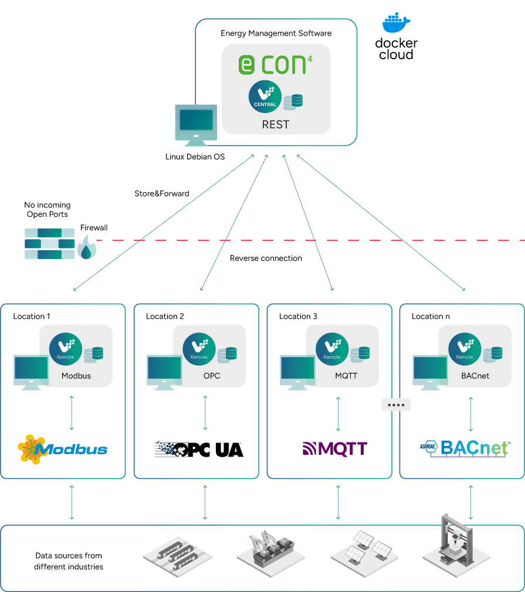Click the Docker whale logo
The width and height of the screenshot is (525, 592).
pos(396,23)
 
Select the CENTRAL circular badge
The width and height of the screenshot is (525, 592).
pos(265,97)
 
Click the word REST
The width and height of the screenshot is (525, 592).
pos(276,124)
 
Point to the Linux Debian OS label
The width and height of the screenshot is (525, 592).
pos(195,157)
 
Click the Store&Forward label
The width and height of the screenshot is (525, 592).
pos(162,193)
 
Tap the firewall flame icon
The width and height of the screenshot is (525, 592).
pos(87,248)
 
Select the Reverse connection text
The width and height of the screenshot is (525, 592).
pos(266,258)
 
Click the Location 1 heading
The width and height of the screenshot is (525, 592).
pos(32,317)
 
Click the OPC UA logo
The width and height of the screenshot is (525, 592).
pos(199,450)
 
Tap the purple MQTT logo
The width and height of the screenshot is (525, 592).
pos(334,449)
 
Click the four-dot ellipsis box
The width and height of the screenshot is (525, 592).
pos(397,404)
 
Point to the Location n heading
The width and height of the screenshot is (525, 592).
pos(431,317)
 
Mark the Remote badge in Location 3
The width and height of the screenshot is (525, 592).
pos(332,349)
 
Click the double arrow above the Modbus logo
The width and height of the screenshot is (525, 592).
pos(72,413)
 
